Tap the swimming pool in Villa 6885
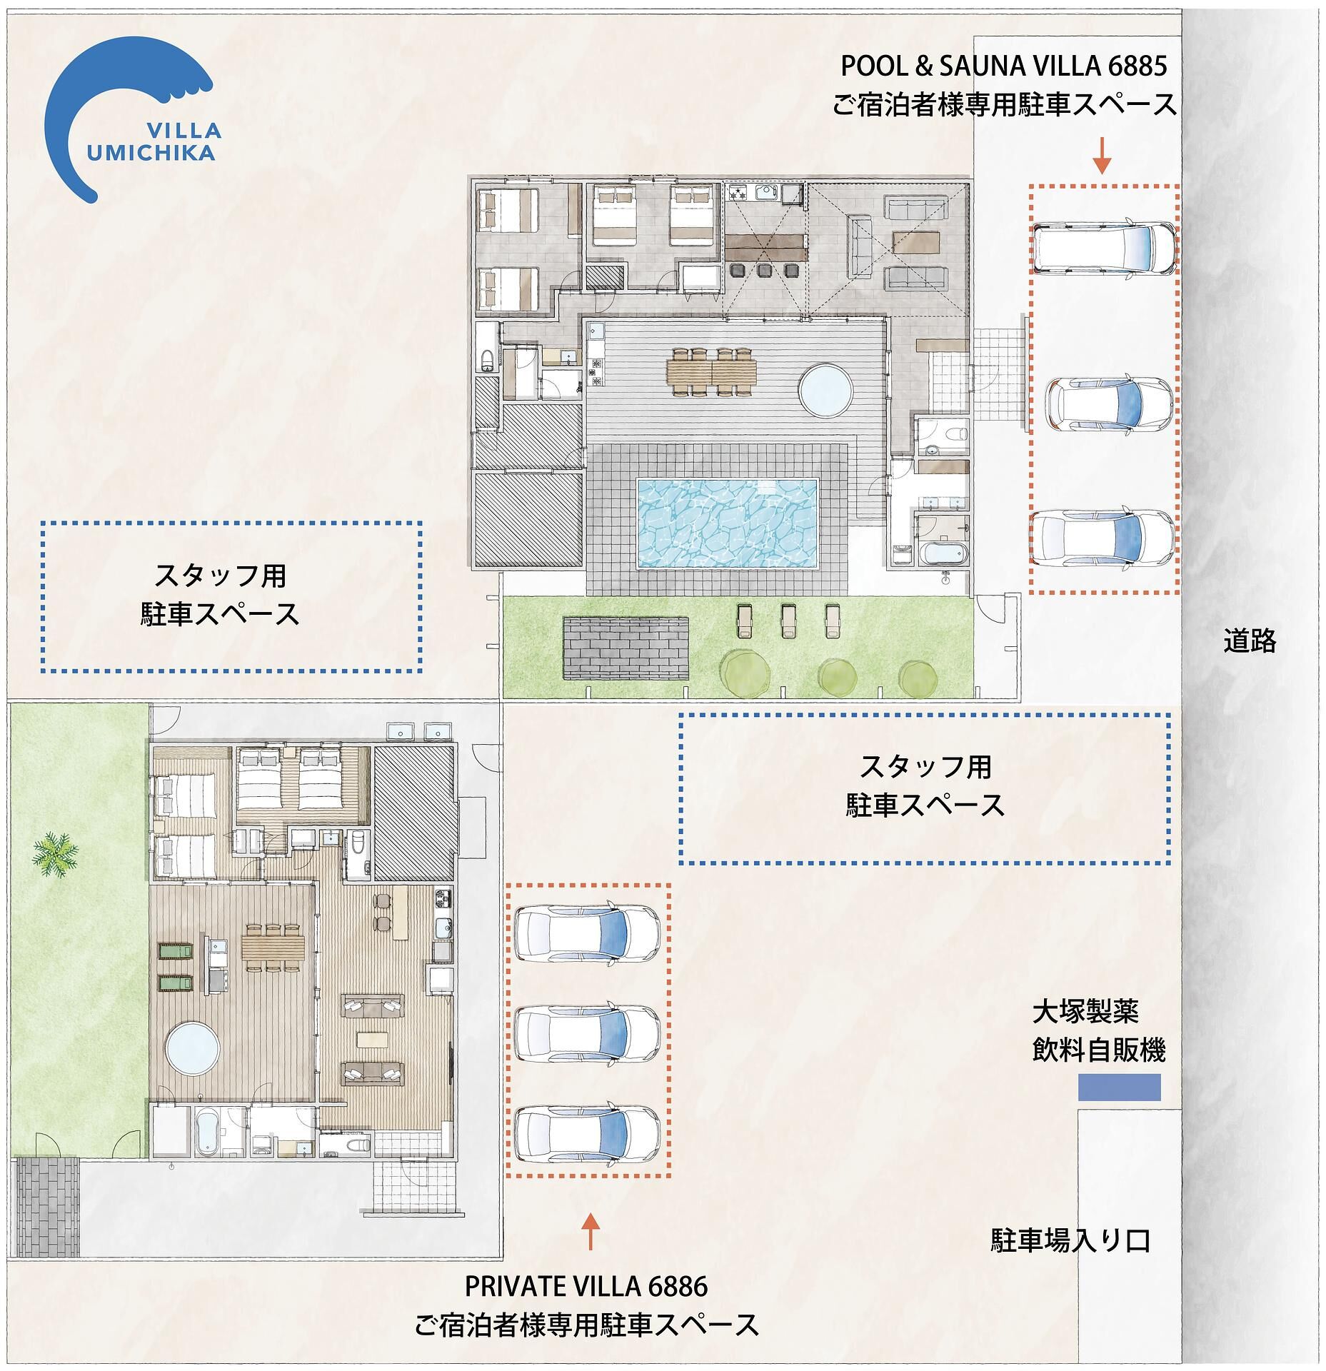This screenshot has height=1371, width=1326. point(727,523)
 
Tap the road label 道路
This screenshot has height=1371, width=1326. point(1250,641)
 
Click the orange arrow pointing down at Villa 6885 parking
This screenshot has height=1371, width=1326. point(1103,155)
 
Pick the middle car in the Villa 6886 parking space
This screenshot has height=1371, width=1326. point(588,1036)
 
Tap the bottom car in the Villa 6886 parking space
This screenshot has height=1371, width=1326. point(588,1135)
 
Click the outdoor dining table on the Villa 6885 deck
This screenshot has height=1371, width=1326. point(711,370)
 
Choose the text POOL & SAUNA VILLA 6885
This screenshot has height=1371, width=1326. point(1004,66)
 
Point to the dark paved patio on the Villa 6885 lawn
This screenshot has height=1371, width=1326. point(626,648)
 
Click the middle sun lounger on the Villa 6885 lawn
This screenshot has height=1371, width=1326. point(788,621)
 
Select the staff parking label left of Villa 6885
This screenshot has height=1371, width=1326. point(220,594)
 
